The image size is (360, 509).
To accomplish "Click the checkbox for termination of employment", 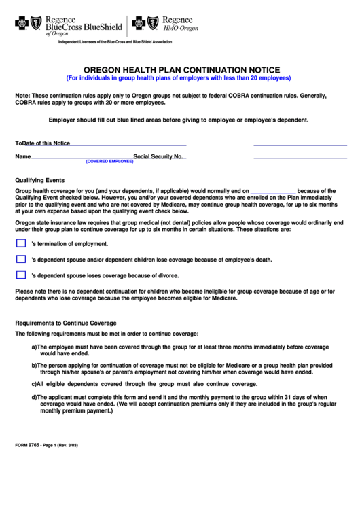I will pos(20,243).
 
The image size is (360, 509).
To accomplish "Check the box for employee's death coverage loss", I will pos(20,259).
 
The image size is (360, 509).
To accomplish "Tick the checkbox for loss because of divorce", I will pos(20,275).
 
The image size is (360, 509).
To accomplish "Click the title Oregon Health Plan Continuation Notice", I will pos(181,69).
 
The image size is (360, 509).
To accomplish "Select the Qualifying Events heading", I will pos(39,181).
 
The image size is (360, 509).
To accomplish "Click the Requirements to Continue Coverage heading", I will pos(66,323).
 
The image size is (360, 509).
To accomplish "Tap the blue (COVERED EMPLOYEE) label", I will pos(109,162).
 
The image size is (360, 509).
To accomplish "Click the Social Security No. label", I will pos(158,156).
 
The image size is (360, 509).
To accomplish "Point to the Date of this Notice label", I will pos(46,143).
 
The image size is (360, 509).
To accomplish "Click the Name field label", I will pos(23,156).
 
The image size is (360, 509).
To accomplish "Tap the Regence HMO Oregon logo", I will pos(165,24).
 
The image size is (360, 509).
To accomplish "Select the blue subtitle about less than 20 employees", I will pos(181,77).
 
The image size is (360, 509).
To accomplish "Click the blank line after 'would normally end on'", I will pos(274,192).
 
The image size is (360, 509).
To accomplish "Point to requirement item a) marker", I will pos(33,346).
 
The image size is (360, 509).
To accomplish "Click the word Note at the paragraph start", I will pos(22,96).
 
